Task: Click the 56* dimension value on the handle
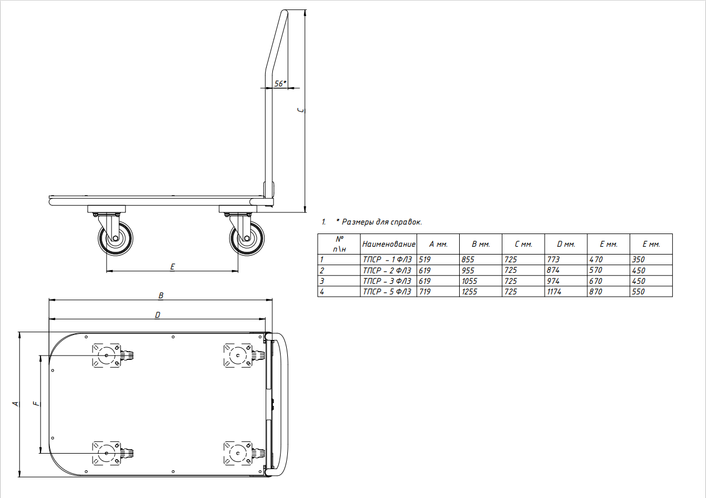280,84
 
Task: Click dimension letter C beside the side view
301,110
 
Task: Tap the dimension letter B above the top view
161,296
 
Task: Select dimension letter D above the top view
158,315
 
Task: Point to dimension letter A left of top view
15,404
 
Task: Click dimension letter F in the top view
37,403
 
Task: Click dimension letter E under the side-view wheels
172,267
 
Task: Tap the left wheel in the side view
115,238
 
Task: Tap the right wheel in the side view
247,238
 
